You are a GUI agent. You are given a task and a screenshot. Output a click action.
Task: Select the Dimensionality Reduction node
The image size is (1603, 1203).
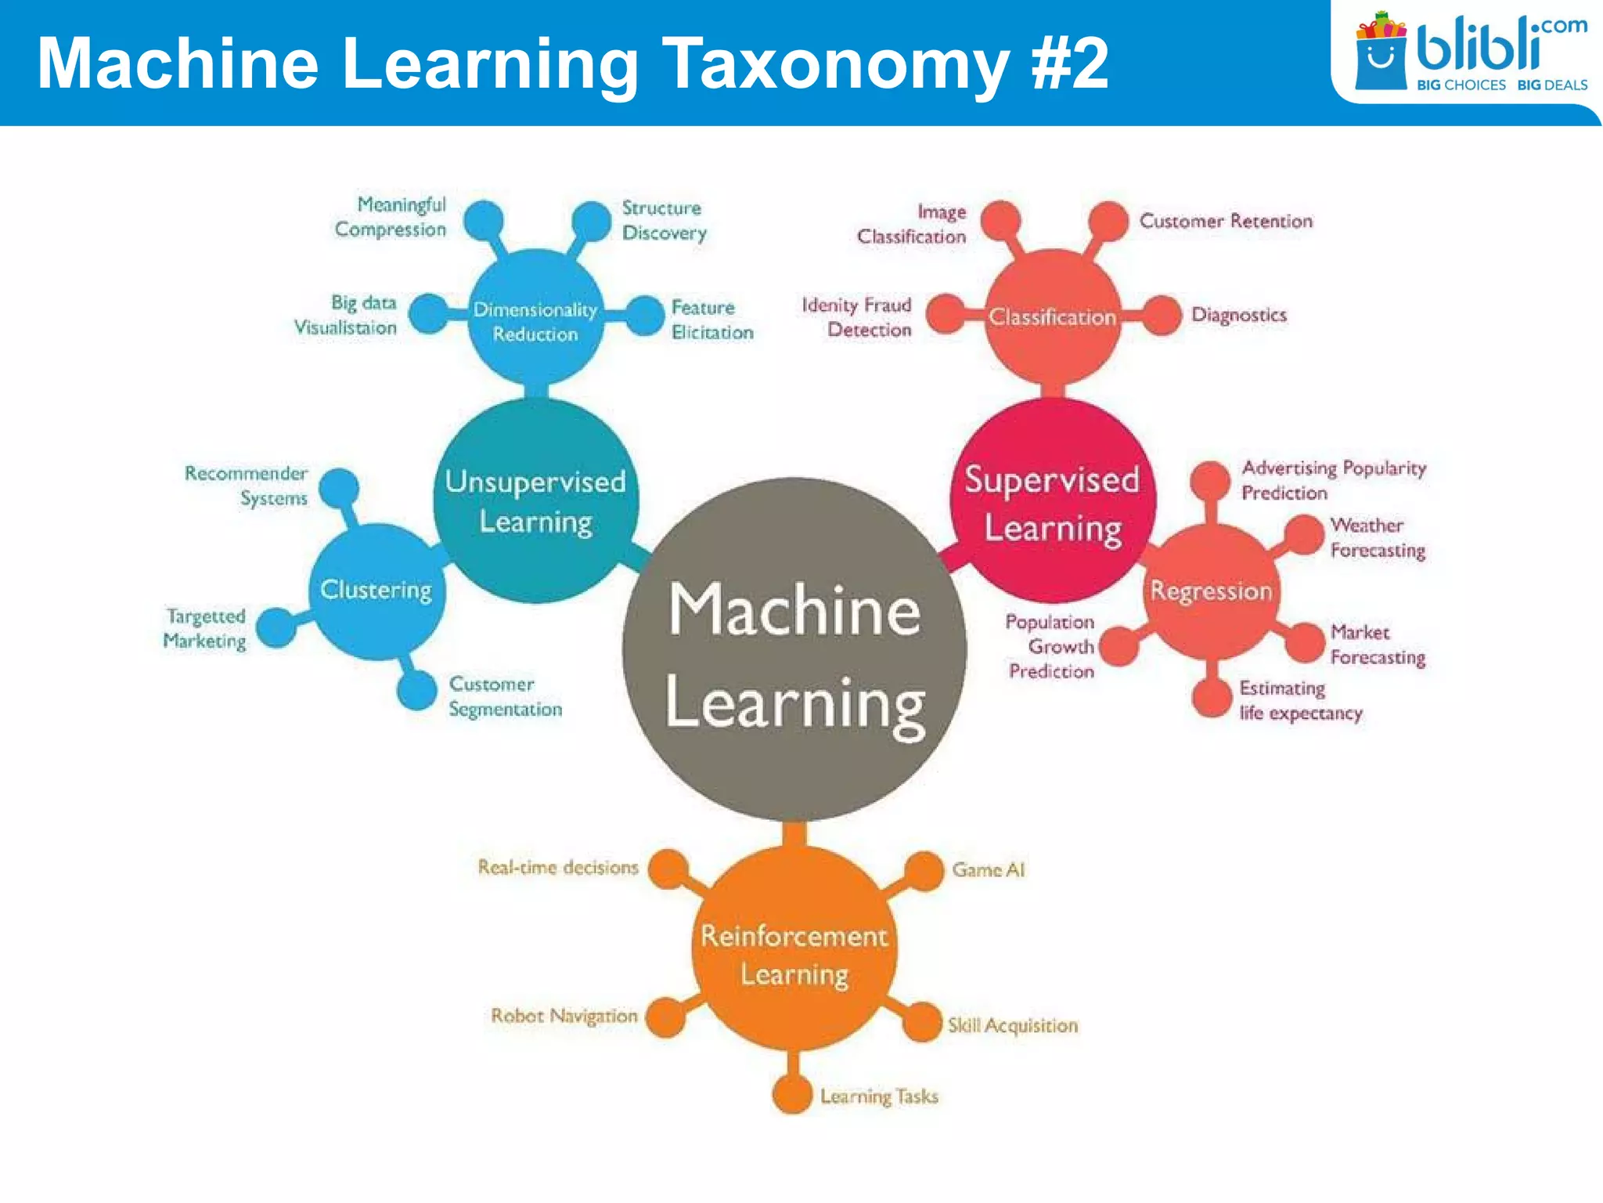pyautogui.click(x=535, y=320)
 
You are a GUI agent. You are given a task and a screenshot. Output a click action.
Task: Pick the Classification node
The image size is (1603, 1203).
pyautogui.click(x=1053, y=316)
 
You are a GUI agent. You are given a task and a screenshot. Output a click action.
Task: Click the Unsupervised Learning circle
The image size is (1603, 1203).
pyautogui.click(x=536, y=501)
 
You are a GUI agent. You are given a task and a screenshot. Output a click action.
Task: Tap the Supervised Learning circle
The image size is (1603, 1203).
pyautogui.click(x=1052, y=501)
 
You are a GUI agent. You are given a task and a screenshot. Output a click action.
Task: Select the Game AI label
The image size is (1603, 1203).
pyautogui.click(x=988, y=869)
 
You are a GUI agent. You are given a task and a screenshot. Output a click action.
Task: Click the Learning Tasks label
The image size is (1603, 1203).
pyautogui.click(x=878, y=1096)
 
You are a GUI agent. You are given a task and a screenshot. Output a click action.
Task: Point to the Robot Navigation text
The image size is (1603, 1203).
pyautogui.click(x=564, y=1016)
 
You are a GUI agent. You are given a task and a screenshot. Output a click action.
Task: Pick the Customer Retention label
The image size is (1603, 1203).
pyautogui.click(x=1226, y=221)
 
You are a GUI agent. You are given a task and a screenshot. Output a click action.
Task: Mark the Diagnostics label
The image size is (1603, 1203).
pyautogui.click(x=1238, y=315)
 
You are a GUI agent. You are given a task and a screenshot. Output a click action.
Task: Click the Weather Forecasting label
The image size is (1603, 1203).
pyautogui.click(x=1378, y=537)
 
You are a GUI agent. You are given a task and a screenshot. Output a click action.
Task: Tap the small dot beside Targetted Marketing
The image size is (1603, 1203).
pyautogui.click(x=276, y=627)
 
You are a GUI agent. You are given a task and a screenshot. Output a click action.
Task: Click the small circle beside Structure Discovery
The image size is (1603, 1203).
pyautogui.click(x=591, y=220)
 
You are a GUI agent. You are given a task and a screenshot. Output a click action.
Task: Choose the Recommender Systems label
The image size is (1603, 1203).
pyautogui.click(x=247, y=486)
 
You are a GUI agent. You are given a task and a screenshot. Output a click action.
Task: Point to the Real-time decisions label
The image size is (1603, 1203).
pyautogui.click(x=558, y=867)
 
